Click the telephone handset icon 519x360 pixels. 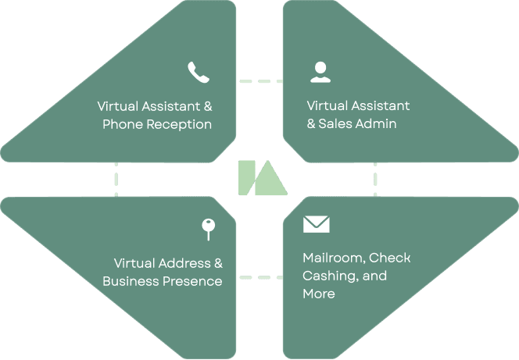199,73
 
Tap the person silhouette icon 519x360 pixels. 319,72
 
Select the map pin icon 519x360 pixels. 208,229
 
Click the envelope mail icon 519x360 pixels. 316,225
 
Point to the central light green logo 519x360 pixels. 262,178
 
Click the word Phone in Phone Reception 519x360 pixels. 120,124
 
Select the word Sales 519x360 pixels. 335,124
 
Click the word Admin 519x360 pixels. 375,124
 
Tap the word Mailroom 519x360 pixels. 331,258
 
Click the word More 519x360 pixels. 318,294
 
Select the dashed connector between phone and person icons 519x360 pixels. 260,80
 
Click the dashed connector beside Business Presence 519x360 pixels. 260,276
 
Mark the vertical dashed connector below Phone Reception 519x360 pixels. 116,179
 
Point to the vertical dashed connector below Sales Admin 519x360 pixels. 375,179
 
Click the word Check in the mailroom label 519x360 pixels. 389,258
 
